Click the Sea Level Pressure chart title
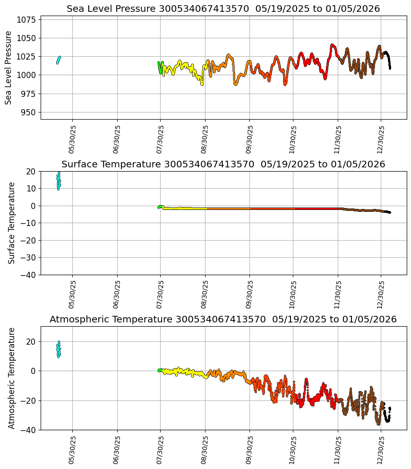pyautogui.click(x=223, y=9)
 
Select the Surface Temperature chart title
pyautogui.click(x=223, y=165)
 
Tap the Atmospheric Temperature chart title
pyautogui.click(x=223, y=320)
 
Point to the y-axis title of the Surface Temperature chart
pyautogui.click(x=12, y=223)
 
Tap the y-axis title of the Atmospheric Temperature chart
pyautogui.click(x=12, y=378)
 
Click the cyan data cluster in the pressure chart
pyautogui.click(x=59, y=60)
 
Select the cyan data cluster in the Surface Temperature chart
pyautogui.click(x=59, y=181)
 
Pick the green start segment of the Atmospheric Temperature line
pyautogui.click(x=160, y=370)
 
